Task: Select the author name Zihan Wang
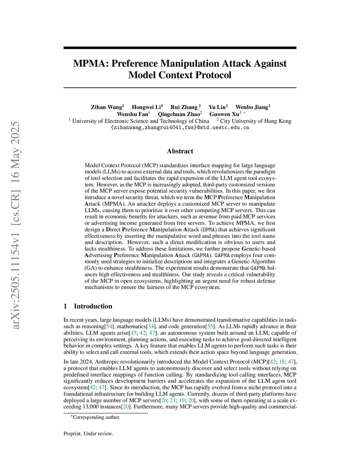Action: click(x=106, y=107)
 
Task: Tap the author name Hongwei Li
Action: click(x=146, y=107)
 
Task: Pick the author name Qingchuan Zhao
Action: click(x=179, y=114)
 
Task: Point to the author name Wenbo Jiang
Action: click(x=252, y=107)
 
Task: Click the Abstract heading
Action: click(x=180, y=151)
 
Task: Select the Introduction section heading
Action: click(x=93, y=306)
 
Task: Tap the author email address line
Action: click(x=180, y=128)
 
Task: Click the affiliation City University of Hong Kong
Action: click(x=256, y=121)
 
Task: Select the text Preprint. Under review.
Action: click(x=88, y=434)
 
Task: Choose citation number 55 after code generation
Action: click(x=210, y=327)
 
